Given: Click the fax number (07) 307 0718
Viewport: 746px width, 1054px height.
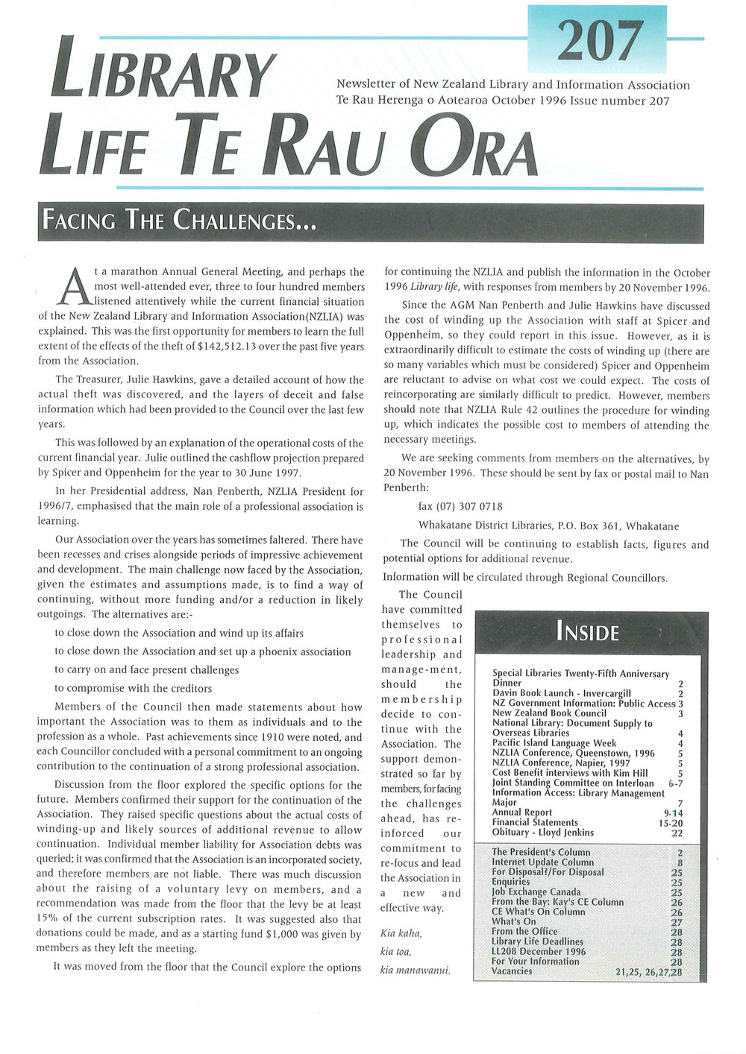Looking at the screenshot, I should [x=460, y=507].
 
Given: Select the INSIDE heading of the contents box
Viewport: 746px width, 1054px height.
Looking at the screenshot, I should [x=588, y=633].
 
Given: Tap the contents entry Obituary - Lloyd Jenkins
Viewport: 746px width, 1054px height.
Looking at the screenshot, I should [x=543, y=833].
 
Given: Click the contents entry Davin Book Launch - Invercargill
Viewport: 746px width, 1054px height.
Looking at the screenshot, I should [x=562, y=693].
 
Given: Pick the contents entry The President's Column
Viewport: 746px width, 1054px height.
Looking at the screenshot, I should [x=541, y=852].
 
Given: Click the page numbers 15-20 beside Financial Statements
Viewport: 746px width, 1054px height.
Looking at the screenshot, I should [x=668, y=823].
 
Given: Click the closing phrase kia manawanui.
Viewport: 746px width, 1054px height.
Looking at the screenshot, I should [x=416, y=971].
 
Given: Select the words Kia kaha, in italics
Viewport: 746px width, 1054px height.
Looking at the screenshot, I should [x=401, y=934].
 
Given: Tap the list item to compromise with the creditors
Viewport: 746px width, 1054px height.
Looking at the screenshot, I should [x=134, y=689].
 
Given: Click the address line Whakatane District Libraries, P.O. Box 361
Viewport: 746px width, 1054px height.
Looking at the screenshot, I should [x=548, y=526].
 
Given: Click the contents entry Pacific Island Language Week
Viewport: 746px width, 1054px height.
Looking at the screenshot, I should [x=554, y=743].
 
